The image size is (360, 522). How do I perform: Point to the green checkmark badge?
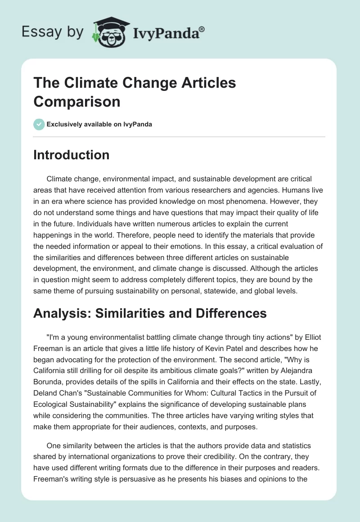39,124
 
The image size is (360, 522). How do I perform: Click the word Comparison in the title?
76,101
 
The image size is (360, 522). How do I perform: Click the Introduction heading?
71,155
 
